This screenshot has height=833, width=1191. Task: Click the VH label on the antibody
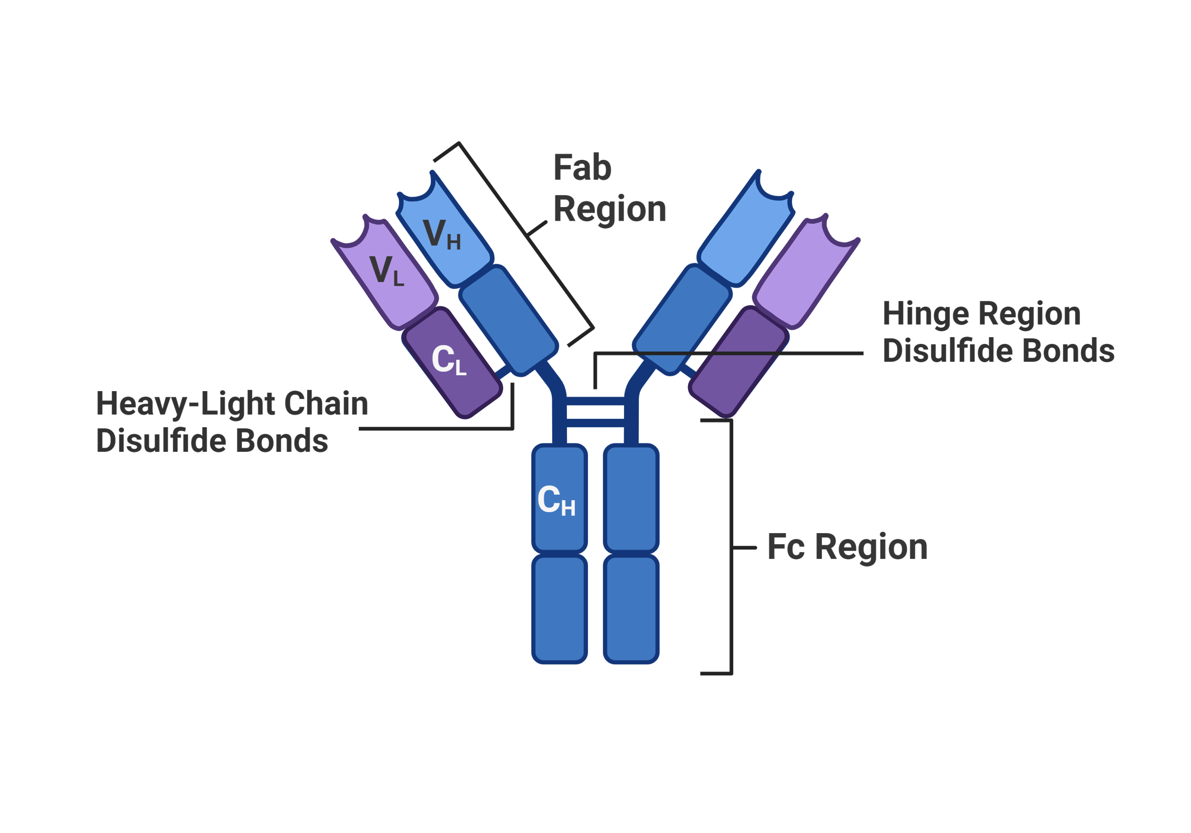tap(441, 234)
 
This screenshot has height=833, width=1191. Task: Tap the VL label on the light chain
tap(387, 271)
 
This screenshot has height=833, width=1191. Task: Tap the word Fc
tap(786, 547)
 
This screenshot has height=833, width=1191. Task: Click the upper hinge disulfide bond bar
tap(595, 401)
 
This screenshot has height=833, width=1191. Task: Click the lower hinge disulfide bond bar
tap(595, 423)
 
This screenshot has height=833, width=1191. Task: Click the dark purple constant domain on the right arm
tap(738, 362)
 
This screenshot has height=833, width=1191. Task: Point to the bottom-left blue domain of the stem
tap(559, 609)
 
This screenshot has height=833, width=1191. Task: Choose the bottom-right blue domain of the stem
tap(631, 609)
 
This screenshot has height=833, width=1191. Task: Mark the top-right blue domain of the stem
tap(631, 498)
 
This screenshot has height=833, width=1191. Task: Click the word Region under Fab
tap(609, 210)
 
